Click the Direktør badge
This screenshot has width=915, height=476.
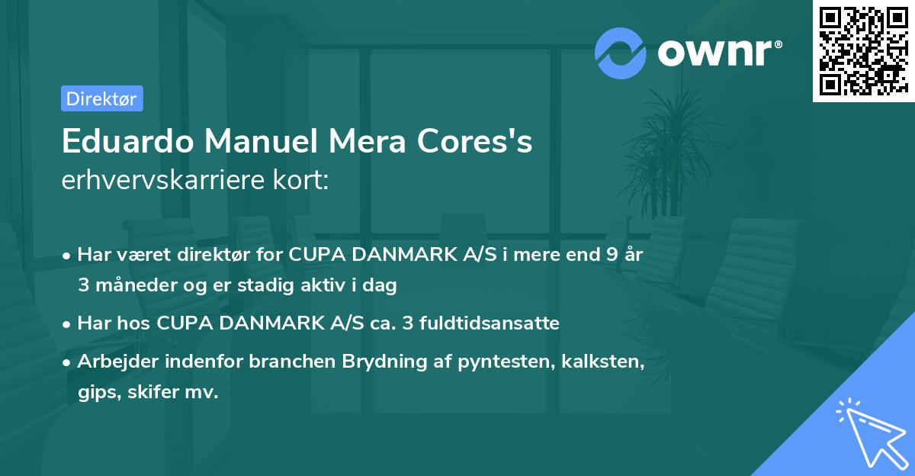(x=101, y=98)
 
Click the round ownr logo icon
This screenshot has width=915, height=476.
(x=621, y=53)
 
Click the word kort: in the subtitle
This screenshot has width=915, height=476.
(x=304, y=182)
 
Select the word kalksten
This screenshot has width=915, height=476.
(x=606, y=362)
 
